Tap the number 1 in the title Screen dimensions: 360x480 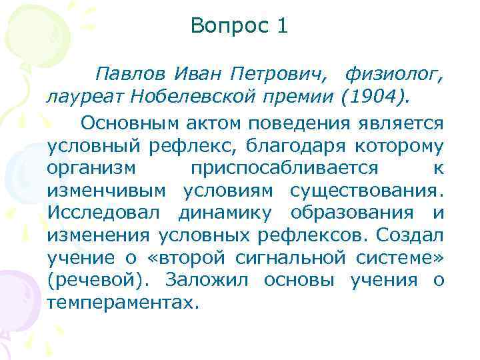click(282, 27)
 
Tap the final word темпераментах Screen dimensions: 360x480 click(123, 303)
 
